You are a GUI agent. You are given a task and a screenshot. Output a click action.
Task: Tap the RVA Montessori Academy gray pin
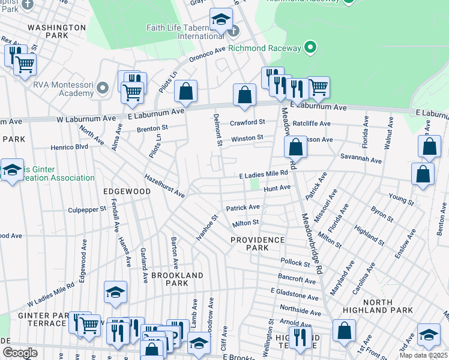coord(103,89)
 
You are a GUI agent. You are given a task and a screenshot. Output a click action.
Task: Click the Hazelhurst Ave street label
coord(164,185)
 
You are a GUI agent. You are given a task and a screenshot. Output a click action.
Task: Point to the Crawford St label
coord(247,122)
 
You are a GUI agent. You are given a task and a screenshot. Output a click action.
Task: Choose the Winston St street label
coord(247,138)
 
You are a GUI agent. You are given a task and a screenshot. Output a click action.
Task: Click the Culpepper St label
coord(86,210)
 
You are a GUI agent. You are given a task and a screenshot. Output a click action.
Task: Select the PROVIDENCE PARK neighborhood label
coord(258,244)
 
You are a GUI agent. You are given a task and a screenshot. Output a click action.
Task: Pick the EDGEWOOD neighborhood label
coord(127,191)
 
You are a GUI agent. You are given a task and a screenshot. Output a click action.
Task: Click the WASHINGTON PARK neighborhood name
coord(57,32)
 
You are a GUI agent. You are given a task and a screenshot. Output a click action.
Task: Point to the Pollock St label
coord(295,262)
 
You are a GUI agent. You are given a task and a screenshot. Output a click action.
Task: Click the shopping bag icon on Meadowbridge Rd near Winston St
coord(295,146)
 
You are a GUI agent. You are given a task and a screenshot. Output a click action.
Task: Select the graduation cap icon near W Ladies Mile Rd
coord(116,292)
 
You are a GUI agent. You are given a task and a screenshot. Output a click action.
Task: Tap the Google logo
coord(20,353)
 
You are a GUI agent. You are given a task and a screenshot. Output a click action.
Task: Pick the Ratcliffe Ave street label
coord(315,124)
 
